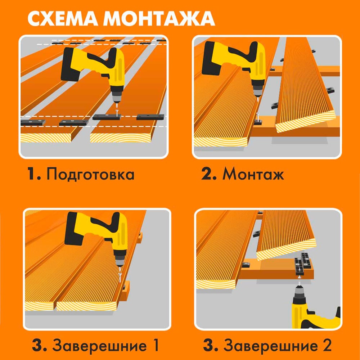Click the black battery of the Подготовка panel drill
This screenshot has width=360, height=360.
point(70,64)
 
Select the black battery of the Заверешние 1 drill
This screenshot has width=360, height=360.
point(73,229)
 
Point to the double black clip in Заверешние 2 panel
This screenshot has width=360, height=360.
point(303,264)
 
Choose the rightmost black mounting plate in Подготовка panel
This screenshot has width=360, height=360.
point(150,117)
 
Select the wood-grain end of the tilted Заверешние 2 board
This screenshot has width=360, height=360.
point(286,250)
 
